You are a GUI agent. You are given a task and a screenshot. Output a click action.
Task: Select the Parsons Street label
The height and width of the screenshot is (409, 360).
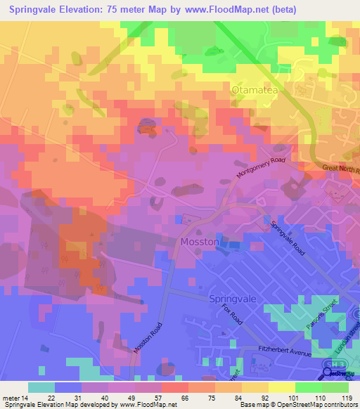(328, 311)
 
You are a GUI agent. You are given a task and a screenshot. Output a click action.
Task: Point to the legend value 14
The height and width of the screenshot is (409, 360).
(29, 397)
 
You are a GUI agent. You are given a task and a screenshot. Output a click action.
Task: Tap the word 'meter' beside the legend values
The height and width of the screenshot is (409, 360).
(12, 397)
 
